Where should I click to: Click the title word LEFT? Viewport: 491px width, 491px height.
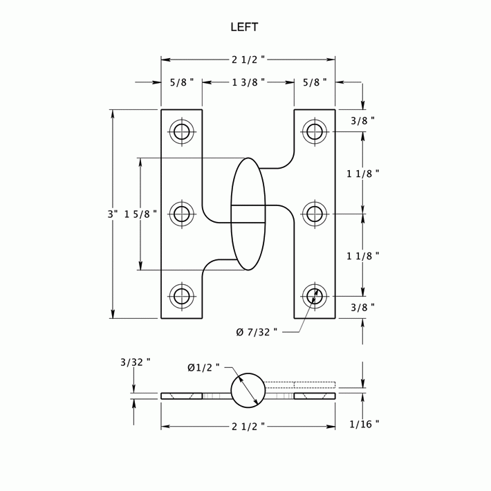[x=244, y=28]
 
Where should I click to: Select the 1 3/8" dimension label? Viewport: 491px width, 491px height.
[x=248, y=83]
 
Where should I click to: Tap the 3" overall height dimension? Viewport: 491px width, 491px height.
[x=112, y=214]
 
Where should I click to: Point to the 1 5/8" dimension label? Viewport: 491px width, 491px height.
[x=140, y=214]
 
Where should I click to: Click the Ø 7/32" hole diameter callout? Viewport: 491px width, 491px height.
[x=257, y=332]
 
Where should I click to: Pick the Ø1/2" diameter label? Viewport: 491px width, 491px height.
[x=203, y=368]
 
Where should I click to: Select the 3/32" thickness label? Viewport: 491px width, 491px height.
[x=135, y=362]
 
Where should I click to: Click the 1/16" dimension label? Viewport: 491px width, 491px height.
[x=364, y=424]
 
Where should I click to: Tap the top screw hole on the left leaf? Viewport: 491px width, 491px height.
[x=182, y=131]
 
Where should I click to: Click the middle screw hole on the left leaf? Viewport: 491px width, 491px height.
[x=182, y=214]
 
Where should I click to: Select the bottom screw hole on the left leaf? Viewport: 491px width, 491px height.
[x=182, y=296]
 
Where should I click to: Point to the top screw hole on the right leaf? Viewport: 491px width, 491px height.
[x=315, y=131]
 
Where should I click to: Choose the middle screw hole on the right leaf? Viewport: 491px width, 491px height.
[x=315, y=214]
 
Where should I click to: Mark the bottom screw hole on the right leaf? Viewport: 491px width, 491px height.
[x=315, y=296]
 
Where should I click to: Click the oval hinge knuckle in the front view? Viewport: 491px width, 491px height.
[x=248, y=214]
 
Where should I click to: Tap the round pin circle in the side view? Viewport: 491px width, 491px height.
[x=248, y=391]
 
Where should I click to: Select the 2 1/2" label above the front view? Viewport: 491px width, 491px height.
[x=248, y=60]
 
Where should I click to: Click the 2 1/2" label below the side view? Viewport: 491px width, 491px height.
[x=248, y=427]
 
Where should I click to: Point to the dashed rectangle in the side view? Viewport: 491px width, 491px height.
[x=300, y=385]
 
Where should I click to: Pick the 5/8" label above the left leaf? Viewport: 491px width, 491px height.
[x=182, y=83]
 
